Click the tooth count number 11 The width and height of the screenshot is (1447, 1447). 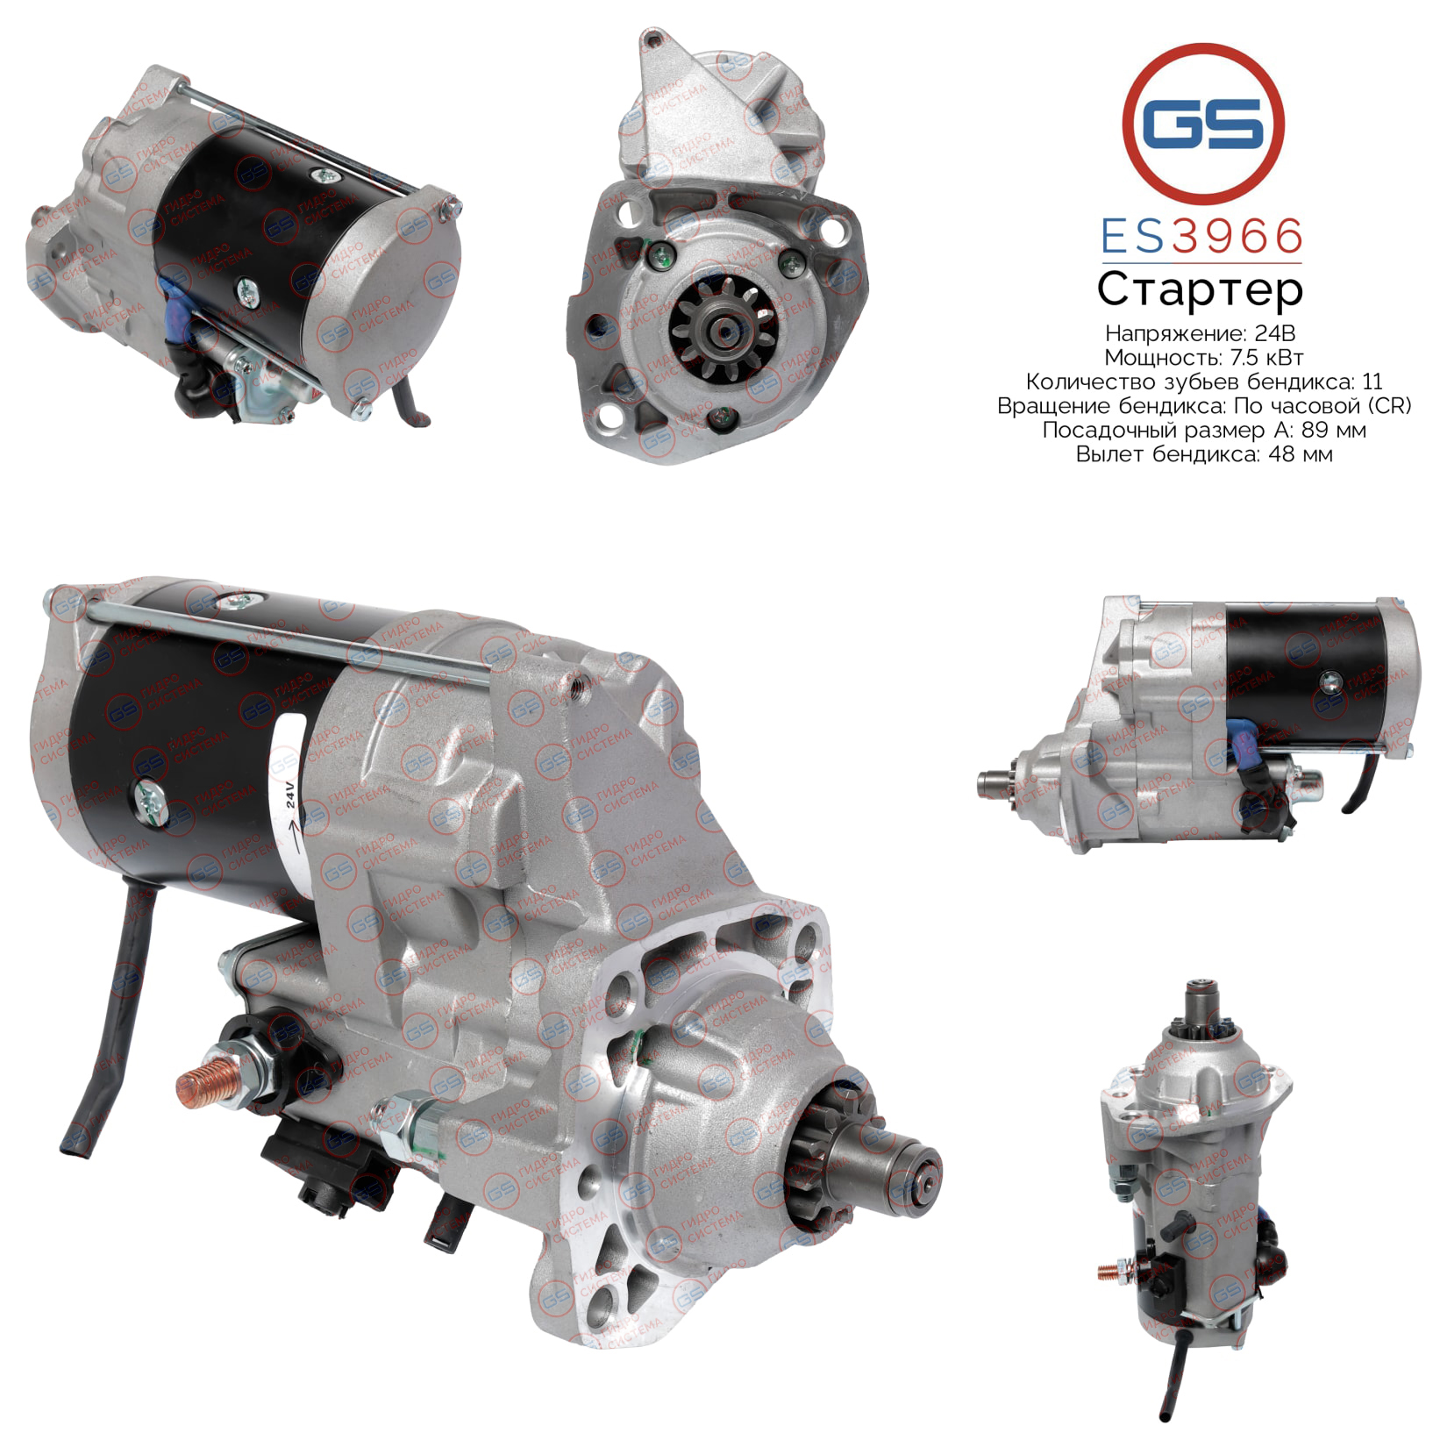[1372, 381]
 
